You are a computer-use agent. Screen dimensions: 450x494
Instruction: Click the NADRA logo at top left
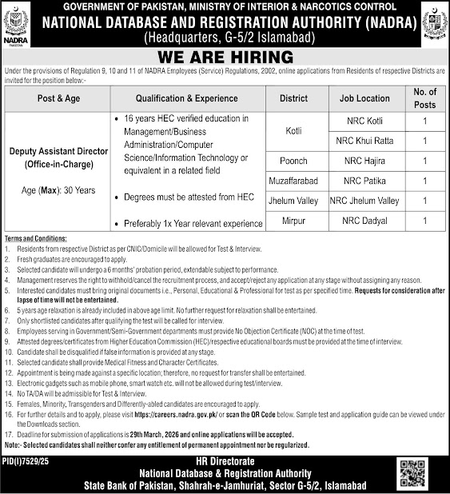17,22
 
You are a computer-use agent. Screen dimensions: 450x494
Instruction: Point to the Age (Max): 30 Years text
58,191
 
